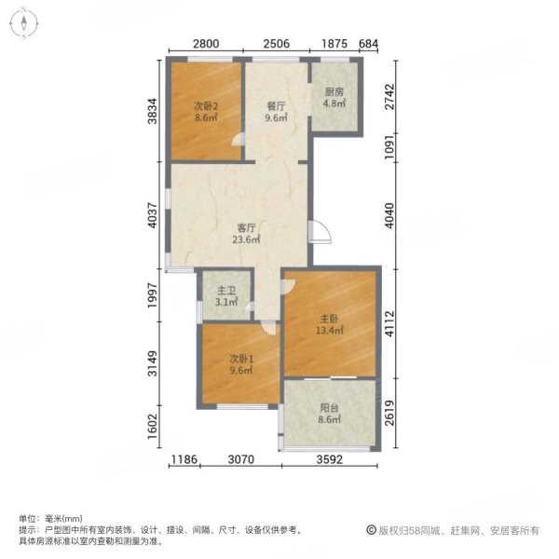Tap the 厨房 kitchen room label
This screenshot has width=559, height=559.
coord(334,91)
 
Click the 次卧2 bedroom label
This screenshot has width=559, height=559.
coord(206,106)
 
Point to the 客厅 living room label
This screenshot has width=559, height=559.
coord(246,226)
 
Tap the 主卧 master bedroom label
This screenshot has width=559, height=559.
coord(330,316)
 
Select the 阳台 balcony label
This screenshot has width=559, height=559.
coord(330,407)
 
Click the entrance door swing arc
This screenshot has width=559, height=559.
coord(320,231)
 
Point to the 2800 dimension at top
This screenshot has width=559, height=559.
coord(206,44)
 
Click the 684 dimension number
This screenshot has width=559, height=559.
coord(369,44)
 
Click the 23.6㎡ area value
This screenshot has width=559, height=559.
coord(246,239)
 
